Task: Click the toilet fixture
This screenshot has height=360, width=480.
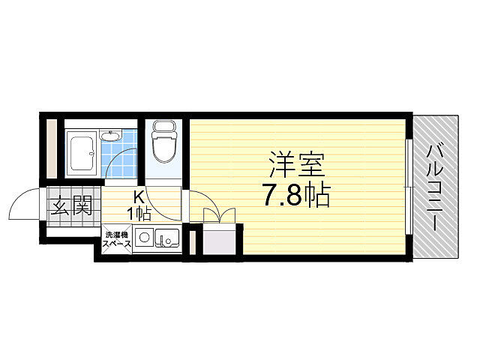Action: click(x=163, y=145)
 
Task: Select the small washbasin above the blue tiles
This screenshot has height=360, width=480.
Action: click(x=112, y=136)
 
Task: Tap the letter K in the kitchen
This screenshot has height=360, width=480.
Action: click(x=139, y=197)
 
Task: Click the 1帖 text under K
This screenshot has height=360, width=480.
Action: click(x=139, y=213)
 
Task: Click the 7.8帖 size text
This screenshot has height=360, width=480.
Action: click(x=296, y=196)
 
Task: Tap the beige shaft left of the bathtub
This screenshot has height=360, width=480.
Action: click(x=51, y=148)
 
